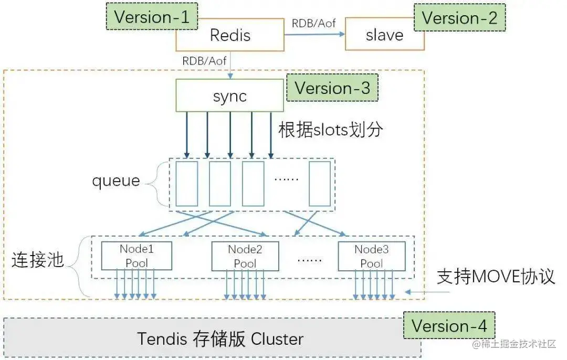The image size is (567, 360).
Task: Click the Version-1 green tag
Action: tap(152, 16)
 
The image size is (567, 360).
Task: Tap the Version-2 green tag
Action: tap(459, 17)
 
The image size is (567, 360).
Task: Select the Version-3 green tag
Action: tap(332, 88)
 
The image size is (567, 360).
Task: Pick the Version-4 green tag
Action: tap(449, 325)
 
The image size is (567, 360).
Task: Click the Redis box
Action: tap(230, 35)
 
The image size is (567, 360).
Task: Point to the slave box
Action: tap(384, 34)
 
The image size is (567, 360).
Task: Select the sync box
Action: tap(229, 96)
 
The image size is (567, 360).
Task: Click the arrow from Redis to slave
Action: tap(314, 34)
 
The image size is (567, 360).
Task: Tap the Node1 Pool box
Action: tap(136, 256)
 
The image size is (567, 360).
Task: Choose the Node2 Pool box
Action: tap(245, 256)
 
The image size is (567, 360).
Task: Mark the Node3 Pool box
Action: tap(371, 256)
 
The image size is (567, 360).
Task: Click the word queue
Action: tap(116, 181)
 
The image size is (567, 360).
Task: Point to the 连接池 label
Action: tap(38, 260)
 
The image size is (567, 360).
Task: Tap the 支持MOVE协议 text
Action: tap(496, 277)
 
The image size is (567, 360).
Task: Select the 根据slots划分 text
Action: tap(331, 130)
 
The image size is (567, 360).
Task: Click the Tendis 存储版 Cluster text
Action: tap(220, 338)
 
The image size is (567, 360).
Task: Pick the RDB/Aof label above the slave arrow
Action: tap(313, 24)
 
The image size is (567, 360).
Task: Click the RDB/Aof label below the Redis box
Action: tap(204, 61)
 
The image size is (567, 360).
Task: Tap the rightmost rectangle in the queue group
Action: tap(320, 184)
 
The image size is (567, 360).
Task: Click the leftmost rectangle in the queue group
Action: tap(187, 184)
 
